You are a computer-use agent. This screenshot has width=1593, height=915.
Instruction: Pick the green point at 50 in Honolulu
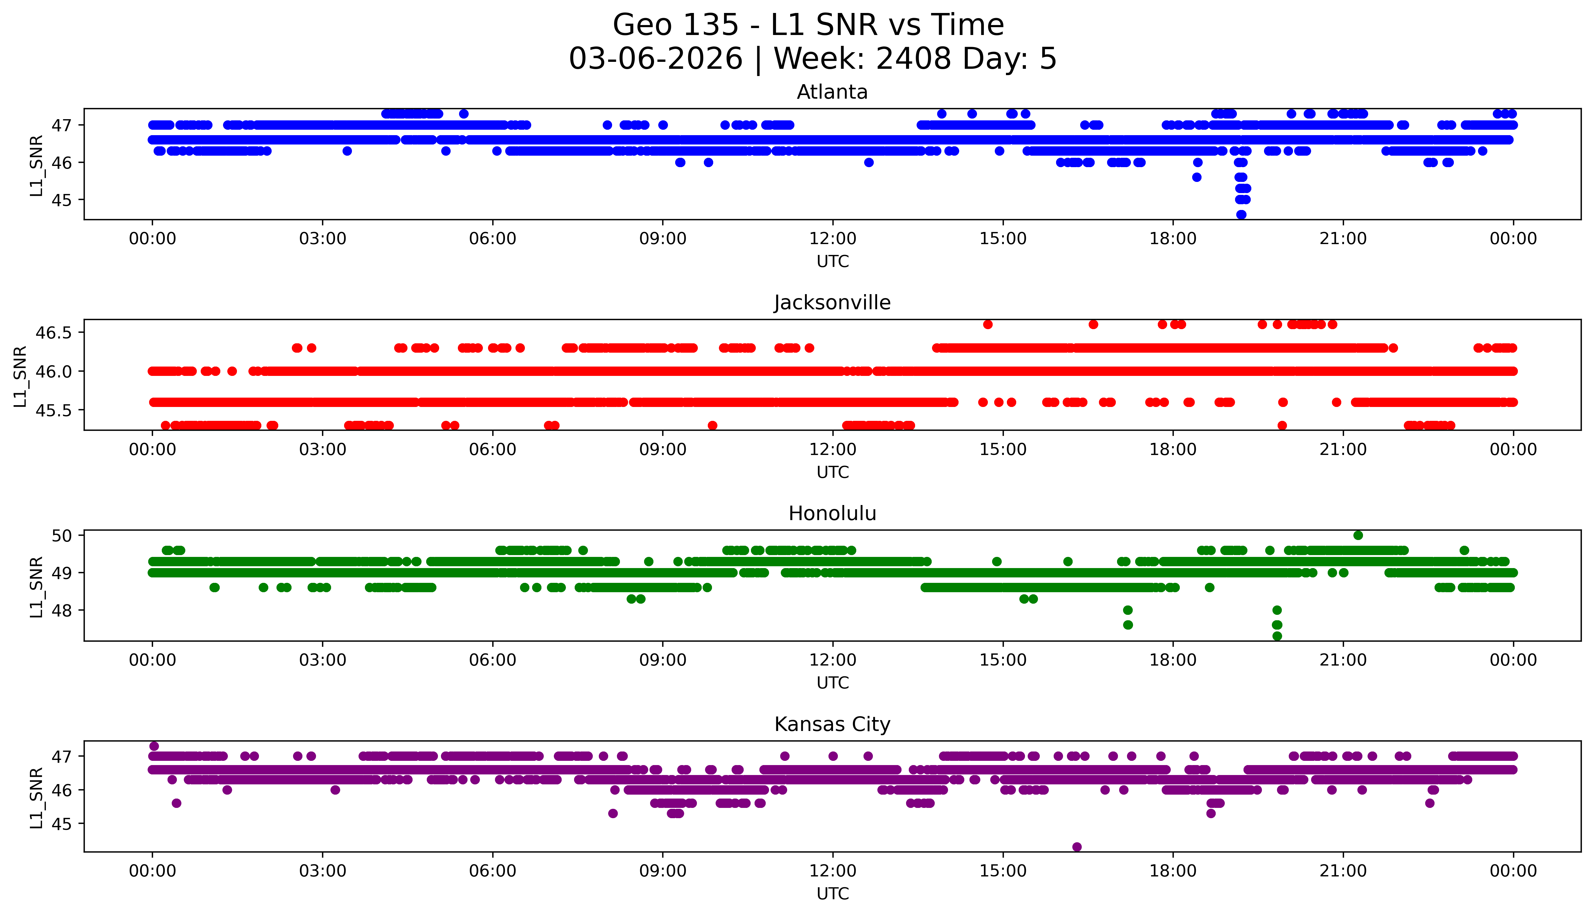[x=1358, y=535]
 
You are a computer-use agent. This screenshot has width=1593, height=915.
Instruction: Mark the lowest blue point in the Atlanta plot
[x=1241, y=214]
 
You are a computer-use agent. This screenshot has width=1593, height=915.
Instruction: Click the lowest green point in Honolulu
[x=1277, y=636]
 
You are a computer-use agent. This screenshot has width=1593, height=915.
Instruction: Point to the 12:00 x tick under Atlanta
[x=832, y=239]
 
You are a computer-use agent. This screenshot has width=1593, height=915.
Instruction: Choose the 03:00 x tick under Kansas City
[x=323, y=871]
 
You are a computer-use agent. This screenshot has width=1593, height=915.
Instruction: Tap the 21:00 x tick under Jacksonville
[x=1343, y=449]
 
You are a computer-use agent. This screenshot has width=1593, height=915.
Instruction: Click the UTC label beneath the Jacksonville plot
[x=832, y=472]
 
